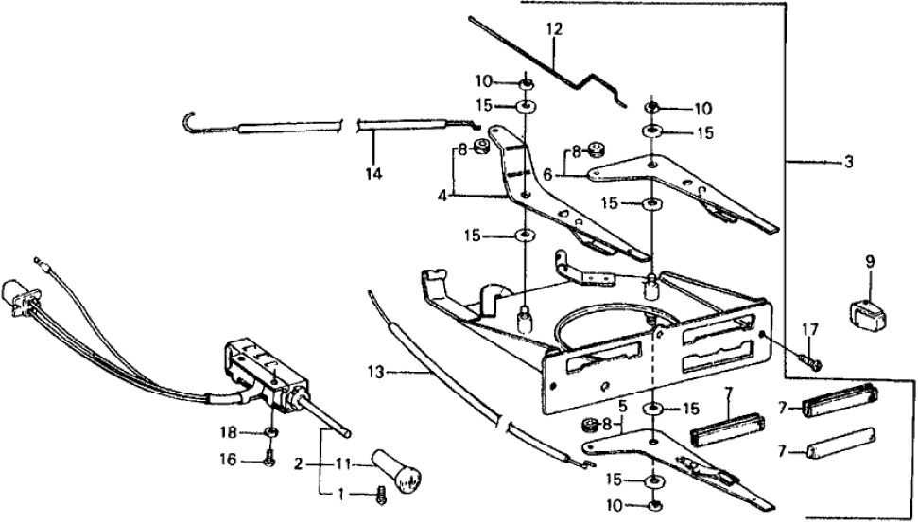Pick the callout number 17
coord(809,329)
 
